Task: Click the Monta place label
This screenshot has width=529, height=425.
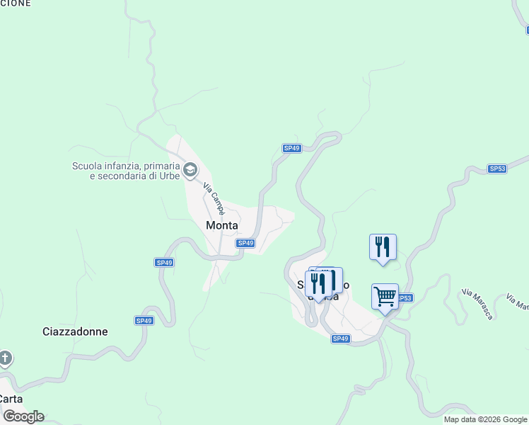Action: pos(221,225)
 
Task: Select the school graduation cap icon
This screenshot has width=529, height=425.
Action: pos(190,170)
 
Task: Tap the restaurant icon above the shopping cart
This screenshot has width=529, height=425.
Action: pos(383,246)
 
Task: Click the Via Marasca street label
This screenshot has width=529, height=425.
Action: pos(477,303)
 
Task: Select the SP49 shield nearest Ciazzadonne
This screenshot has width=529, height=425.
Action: pos(144,321)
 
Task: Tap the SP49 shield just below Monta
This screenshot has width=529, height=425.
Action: pos(245,243)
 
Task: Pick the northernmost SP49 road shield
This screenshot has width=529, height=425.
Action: pos(291,148)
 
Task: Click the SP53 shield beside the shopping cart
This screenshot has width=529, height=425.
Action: pos(404,298)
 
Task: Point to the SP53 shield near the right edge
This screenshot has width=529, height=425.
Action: pos(497,169)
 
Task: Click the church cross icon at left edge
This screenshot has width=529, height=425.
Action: pos(5,358)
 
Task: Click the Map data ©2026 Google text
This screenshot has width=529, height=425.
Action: pos(485,419)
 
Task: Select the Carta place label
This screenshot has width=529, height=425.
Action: pos(11,398)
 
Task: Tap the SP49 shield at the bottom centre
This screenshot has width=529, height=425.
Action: pos(341,339)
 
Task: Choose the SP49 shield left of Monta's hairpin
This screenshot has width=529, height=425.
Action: pos(164,262)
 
